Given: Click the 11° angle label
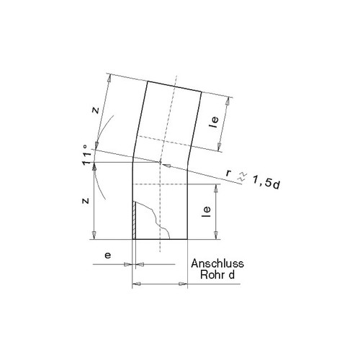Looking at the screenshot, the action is [x=87, y=155].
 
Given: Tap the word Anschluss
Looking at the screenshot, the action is [x=217, y=264].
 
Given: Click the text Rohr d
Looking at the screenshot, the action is [x=217, y=274].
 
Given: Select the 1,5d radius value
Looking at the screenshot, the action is [x=266, y=182].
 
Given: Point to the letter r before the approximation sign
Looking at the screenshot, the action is [x=228, y=173].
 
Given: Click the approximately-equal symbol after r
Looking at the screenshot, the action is [x=241, y=176].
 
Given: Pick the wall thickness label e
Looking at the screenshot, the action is [x=108, y=255].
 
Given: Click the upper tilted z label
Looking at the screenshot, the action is [x=96, y=110].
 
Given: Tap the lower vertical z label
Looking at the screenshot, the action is [x=86, y=201].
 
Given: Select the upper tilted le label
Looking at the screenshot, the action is [x=215, y=122].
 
